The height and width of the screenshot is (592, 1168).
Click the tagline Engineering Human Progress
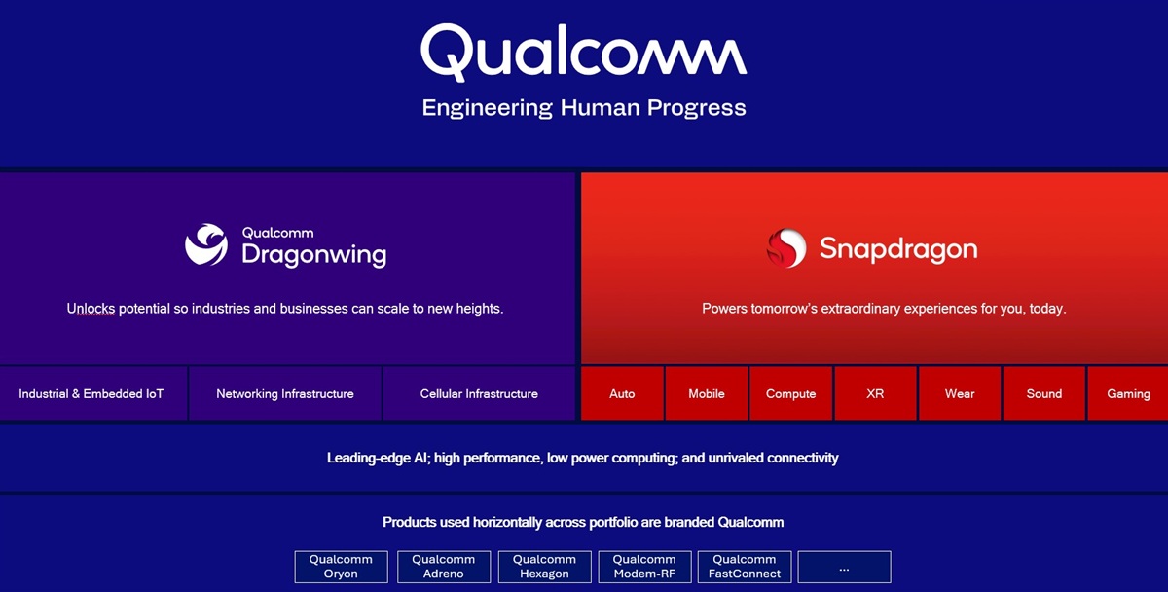click(x=583, y=107)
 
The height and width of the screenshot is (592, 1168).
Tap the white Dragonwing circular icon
click(x=206, y=245)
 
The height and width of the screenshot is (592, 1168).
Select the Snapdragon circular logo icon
click(x=785, y=248)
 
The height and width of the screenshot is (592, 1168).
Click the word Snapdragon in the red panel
click(x=897, y=248)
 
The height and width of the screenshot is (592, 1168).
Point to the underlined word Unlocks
click(x=91, y=309)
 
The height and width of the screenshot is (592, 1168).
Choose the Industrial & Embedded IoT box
click(x=91, y=394)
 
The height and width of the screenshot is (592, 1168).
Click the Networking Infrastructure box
click(x=284, y=394)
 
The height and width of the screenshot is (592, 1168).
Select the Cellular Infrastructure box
click(x=479, y=394)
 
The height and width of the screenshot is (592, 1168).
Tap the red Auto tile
click(x=622, y=394)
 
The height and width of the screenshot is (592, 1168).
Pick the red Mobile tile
click(x=707, y=394)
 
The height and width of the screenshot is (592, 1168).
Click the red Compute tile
click(x=790, y=394)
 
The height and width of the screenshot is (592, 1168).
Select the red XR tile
click(x=875, y=394)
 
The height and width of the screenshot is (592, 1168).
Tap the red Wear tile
click(x=960, y=394)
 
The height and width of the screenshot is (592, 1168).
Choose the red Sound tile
click(x=1043, y=394)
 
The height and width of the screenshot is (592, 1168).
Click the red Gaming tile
click(x=1128, y=394)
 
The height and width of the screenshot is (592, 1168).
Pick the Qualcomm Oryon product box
click(x=341, y=567)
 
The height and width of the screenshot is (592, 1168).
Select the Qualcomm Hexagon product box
click(x=544, y=567)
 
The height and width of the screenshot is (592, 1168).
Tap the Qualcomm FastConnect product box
click(x=745, y=567)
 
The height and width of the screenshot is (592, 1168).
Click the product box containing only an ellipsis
click(x=844, y=567)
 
